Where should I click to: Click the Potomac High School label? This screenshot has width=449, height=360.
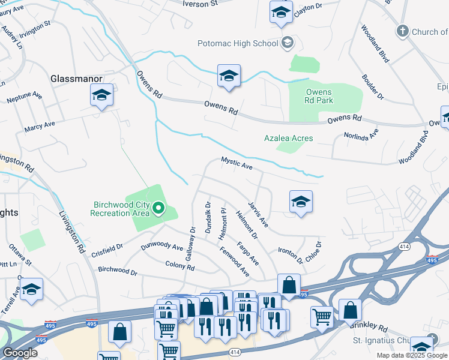point(238,43)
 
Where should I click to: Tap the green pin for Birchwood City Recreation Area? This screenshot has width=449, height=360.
point(158,208)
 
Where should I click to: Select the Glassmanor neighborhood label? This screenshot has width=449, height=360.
point(77,79)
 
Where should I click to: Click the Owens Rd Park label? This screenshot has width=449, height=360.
point(319,96)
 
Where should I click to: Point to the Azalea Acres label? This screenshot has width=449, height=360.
point(288,138)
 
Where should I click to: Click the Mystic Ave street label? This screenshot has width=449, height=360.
point(237,163)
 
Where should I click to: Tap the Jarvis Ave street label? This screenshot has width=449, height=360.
point(258,214)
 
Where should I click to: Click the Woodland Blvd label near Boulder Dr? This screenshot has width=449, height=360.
point(373,43)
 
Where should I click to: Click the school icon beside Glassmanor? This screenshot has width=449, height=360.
point(102,95)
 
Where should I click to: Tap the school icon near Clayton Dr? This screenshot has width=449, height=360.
point(281,12)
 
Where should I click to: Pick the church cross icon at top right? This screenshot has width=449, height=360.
point(403,31)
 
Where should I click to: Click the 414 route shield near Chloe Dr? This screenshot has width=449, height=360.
point(403,247)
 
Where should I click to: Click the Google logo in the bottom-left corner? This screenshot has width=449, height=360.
point(20,353)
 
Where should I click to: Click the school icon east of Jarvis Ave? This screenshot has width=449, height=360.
point(301,202)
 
